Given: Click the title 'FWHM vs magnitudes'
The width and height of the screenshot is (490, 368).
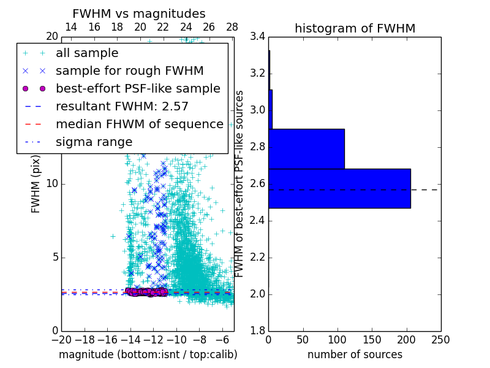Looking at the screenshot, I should [139, 13].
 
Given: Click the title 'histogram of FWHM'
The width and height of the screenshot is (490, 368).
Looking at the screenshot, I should [355, 28].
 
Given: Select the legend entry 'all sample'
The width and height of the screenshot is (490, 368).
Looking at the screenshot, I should [87, 53].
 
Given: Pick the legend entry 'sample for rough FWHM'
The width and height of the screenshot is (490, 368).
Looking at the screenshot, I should [129, 71].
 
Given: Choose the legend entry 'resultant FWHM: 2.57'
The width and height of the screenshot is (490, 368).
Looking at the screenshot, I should [122, 106].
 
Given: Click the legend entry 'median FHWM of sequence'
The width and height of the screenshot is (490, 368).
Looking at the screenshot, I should [139, 124].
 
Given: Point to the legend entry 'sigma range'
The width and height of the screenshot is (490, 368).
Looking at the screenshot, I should [94, 142].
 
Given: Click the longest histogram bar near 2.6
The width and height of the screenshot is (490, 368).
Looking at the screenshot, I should [339, 188].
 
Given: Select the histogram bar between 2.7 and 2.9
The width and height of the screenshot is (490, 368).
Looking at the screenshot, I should [306, 148].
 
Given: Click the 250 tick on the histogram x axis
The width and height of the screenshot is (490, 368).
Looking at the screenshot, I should [440, 339].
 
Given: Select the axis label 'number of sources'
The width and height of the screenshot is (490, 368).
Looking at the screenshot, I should [355, 355].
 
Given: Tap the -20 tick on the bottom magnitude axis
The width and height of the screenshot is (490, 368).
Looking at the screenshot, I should [61, 339].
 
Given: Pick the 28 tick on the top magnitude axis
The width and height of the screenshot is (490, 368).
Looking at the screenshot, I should [232, 27].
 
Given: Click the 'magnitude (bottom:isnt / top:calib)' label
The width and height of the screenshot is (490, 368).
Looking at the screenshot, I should [148, 355].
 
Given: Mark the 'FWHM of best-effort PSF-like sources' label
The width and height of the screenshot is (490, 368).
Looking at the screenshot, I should [240, 183].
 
